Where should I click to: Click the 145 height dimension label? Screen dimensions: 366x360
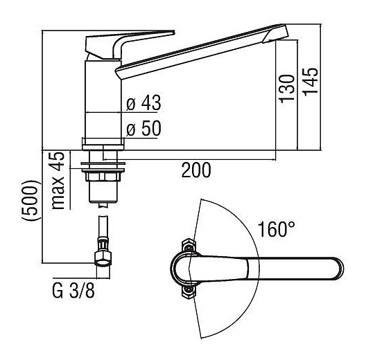(311, 82)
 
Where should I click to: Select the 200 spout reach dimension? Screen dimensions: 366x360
(196, 170)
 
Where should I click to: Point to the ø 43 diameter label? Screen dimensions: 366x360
(143, 102)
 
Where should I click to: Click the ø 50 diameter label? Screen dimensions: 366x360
(143, 128)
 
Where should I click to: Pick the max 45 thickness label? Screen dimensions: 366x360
(58, 181)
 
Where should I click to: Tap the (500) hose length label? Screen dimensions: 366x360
(30, 201)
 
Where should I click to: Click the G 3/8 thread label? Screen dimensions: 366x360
(73, 291)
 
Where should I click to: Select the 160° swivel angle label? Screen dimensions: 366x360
(277, 229)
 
